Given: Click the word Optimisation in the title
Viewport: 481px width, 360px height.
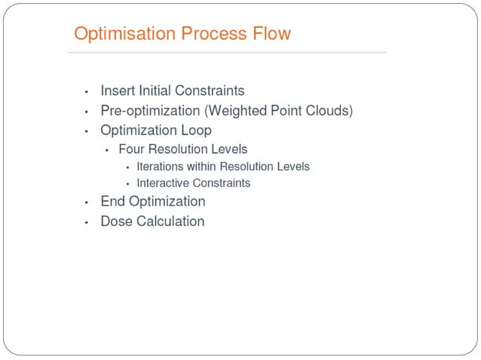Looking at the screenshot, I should coord(125,35).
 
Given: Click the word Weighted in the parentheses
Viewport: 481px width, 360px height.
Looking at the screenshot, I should coord(238,111).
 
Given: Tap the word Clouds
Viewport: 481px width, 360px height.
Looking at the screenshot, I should coord(328,111).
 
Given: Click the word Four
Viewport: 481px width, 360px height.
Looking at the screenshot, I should coord(132,149).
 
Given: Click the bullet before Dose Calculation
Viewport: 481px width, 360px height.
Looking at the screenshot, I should coord(87,222).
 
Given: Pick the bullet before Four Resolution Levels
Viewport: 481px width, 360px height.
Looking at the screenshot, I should coord(106,150).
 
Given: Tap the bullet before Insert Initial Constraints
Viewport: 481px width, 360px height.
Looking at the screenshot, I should coord(87,92).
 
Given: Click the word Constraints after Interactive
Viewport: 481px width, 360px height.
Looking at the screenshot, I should coord(223,183).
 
